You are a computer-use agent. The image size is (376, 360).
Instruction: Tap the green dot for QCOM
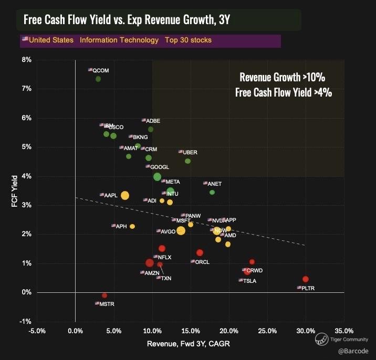point(98,79)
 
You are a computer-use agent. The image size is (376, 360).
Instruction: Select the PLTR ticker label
point(307,288)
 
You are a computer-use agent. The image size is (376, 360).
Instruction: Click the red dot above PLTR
point(306,279)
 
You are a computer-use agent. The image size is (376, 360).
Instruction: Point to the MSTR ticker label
point(107,304)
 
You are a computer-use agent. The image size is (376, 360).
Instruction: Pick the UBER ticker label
point(190,152)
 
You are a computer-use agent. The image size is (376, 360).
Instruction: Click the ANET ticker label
point(214,184)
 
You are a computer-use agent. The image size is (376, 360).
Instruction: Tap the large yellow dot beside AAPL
point(125,195)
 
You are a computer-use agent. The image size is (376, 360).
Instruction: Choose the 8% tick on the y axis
point(25,60)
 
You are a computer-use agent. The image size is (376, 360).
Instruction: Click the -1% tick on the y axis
point(25,321)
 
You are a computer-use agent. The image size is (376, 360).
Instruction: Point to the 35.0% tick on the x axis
point(344,331)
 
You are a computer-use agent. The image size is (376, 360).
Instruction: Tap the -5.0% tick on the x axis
point(38,331)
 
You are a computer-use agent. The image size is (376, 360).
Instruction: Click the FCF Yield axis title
point(14,190)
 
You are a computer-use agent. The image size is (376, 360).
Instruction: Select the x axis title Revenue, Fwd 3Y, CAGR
point(189,344)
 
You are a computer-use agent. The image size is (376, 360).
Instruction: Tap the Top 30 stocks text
point(189,40)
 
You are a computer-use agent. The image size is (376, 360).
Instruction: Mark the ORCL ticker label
point(202,262)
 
